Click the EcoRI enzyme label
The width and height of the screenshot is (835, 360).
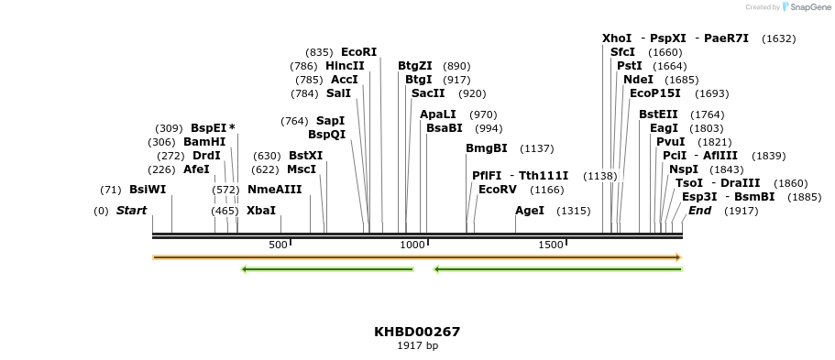(358, 52)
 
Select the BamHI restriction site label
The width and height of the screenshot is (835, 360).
(203, 142)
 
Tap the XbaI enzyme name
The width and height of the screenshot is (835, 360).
(261, 211)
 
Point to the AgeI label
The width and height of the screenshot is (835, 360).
(529, 211)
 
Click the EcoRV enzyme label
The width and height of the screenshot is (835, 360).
(498, 190)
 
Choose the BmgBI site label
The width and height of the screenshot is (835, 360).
(486, 148)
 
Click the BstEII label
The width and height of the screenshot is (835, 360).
(657, 115)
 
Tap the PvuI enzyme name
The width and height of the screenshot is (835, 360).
(670, 142)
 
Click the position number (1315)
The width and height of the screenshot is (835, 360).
(574, 211)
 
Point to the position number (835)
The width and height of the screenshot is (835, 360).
(319, 52)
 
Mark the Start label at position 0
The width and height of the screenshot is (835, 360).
(131, 211)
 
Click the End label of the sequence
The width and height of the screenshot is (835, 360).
(699, 211)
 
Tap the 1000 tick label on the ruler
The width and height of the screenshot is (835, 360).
(412, 245)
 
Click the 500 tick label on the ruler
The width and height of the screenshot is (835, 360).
(278, 245)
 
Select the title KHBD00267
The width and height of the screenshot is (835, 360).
(417, 332)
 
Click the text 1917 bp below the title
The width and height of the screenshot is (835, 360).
(417, 346)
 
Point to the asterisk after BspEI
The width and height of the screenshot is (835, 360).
(232, 128)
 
